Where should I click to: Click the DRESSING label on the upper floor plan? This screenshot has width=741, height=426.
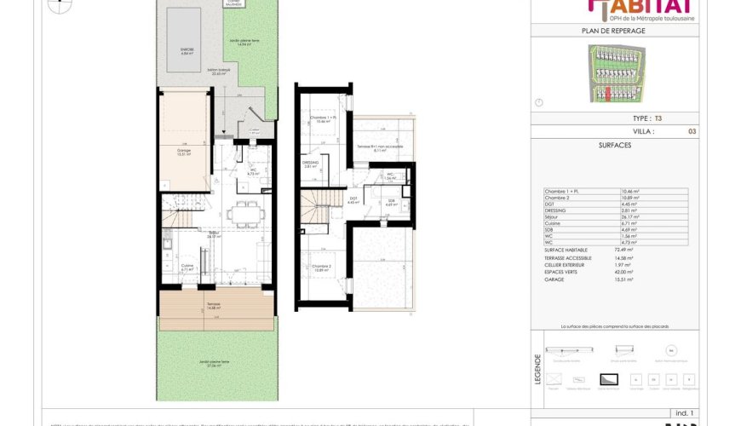click(310, 164)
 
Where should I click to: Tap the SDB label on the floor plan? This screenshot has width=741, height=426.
click(391, 203)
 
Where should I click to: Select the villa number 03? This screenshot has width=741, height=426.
click(691, 132)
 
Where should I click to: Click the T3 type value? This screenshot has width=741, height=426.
click(657, 119)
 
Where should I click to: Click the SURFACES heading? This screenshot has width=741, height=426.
click(615, 146)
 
